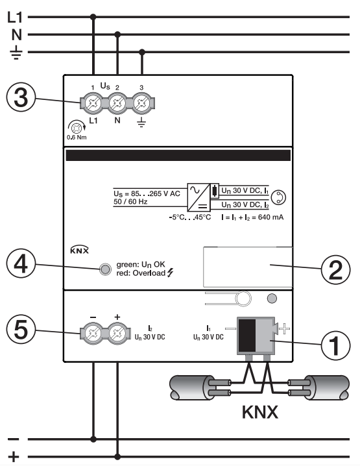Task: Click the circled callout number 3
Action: pyautogui.click(x=21, y=97)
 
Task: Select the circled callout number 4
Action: pyautogui.click(x=21, y=264)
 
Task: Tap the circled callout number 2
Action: pyautogui.click(x=335, y=270)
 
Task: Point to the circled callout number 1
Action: pyautogui.click(x=335, y=345)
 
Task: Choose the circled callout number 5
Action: pyautogui.click(x=21, y=330)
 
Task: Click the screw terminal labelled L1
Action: pyautogui.click(x=93, y=103)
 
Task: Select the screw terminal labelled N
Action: pyautogui.click(x=117, y=103)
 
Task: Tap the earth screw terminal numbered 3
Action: pyautogui.click(x=141, y=103)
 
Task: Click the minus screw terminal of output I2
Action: pyautogui.click(x=93, y=333)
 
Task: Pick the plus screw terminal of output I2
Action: pyautogui.click(x=117, y=333)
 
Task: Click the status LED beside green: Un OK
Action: pyautogui.click(x=105, y=269)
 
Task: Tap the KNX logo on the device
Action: pyautogui.click(x=79, y=250)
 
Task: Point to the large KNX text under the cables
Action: pyautogui.click(x=260, y=412)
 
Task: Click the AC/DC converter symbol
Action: pyautogui.click(x=198, y=197)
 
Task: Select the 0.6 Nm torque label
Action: pyautogui.click(x=77, y=138)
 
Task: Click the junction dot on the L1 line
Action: pyautogui.click(x=93, y=17)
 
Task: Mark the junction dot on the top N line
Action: pyautogui.click(x=117, y=34)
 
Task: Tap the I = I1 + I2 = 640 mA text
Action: pyautogui.click(x=252, y=217)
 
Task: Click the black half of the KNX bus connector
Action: pyautogui.click(x=247, y=336)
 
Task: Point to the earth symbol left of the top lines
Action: pyautogui.click(x=16, y=53)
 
